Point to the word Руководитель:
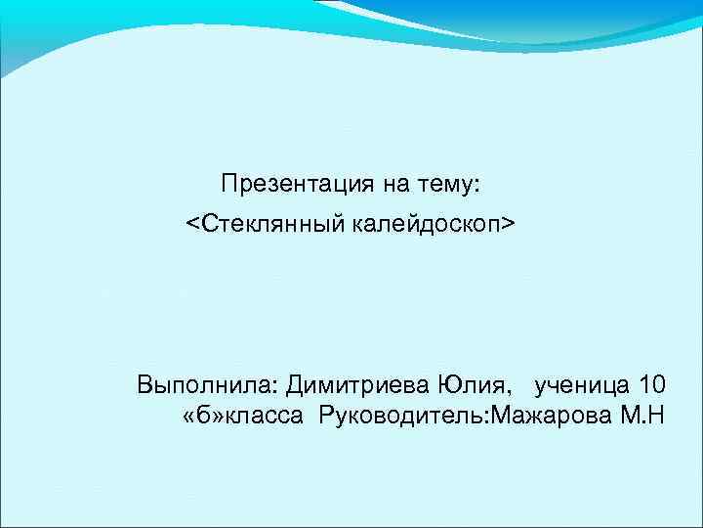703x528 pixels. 405,418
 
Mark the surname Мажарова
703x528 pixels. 554,418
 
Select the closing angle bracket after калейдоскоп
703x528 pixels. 508,227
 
